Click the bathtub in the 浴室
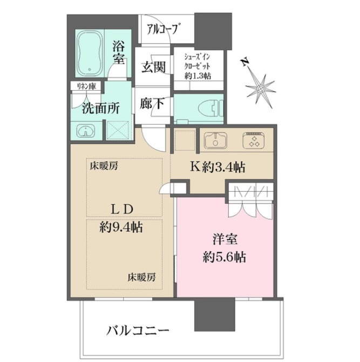(90, 53)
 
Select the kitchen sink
(215, 140)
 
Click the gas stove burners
(254, 140)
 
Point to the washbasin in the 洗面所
(86, 132)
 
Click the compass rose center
(261, 89)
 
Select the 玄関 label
(154, 67)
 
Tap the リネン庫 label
(86, 86)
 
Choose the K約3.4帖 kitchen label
(218, 167)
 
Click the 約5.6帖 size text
(224, 257)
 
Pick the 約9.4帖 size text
(121, 227)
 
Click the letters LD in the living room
(122, 209)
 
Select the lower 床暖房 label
(141, 277)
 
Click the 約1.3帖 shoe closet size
(198, 76)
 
